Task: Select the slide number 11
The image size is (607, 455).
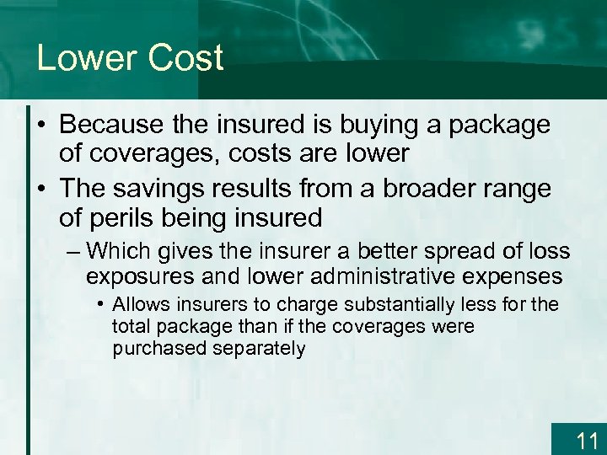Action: click(587, 440)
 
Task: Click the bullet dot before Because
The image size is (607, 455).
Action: click(40, 126)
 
